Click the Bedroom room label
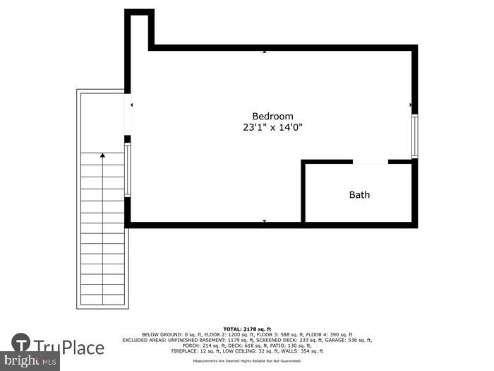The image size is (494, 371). pos(272,117)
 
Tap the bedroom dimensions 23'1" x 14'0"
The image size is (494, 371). pos(272,128)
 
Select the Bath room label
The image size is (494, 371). pos(359,194)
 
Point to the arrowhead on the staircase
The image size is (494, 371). pos(103,155)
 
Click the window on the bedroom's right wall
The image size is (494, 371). pos(415,136)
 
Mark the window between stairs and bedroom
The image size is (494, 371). pos(128,170)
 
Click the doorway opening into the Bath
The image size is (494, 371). pos(370,162)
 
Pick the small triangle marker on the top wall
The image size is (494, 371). pos(265,52)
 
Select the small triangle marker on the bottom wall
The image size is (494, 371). pos(265,221)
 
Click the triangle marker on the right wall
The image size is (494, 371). pos(411,105)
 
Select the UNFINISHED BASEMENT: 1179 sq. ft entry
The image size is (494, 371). pos(205,340)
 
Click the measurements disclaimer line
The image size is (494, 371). pos(247,361)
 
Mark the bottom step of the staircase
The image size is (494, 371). pos(103,300)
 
